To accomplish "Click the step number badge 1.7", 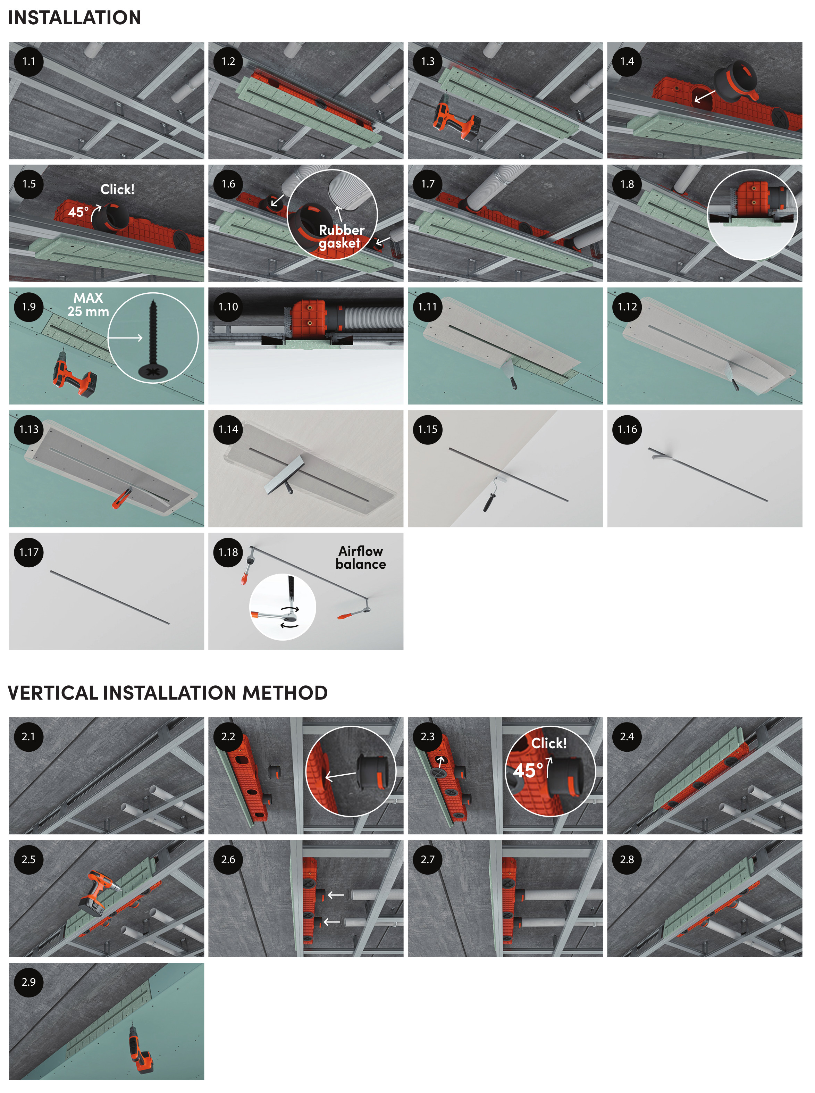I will pos(427,184).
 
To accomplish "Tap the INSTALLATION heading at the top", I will pos(75,18).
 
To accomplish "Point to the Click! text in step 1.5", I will pos(117,190).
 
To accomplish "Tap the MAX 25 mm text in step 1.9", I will pos(88,304).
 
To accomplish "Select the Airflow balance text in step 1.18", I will pos(361,558).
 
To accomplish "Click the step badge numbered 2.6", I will pos(228,859).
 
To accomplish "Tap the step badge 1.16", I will pos(627,429).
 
